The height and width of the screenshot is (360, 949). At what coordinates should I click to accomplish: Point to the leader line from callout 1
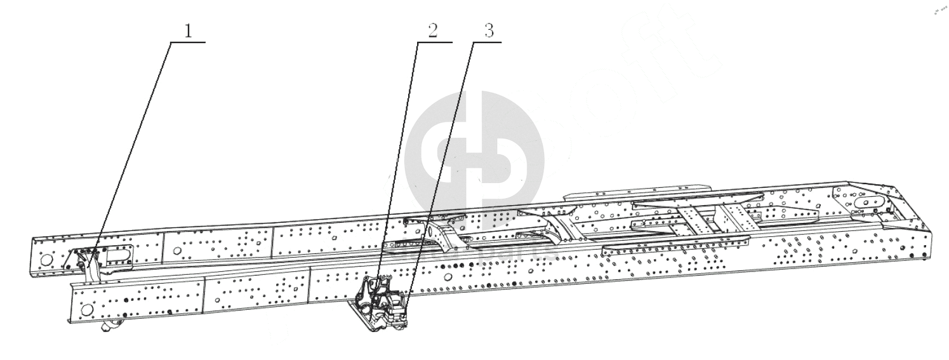[133, 147]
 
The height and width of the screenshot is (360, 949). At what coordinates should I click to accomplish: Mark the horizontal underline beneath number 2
[434, 43]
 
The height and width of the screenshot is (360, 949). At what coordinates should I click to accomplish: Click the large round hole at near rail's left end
[88, 310]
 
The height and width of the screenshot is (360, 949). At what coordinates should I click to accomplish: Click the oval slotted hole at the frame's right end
[868, 203]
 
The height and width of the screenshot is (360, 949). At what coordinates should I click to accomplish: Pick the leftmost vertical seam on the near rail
[204, 296]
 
